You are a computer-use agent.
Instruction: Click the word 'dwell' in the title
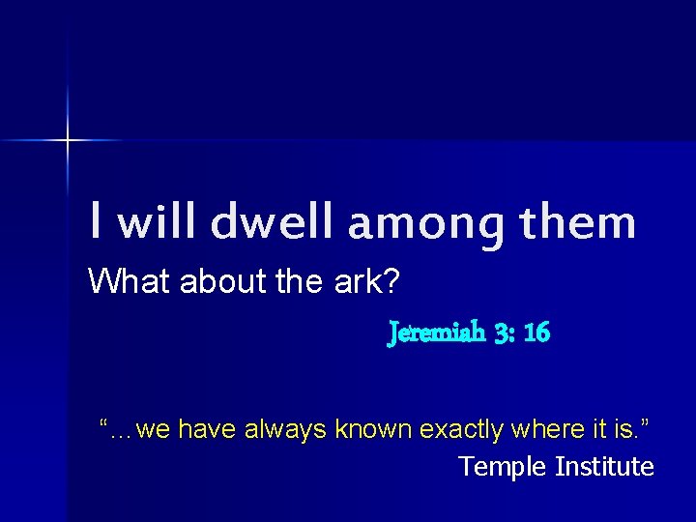coord(274,222)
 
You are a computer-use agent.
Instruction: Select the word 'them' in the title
coord(578,222)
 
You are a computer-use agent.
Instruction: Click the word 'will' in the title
coord(160,222)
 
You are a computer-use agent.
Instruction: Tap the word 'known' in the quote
coord(371,429)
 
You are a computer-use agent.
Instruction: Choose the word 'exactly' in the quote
coord(460,429)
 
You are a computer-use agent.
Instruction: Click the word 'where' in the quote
coord(543,429)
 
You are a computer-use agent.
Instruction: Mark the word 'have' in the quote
coord(207,429)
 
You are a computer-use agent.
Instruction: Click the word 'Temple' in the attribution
coord(503,467)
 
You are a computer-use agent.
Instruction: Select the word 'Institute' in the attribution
coord(604,467)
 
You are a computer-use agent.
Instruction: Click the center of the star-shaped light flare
coord(68,141)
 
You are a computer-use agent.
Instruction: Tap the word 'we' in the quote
coord(154,429)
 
